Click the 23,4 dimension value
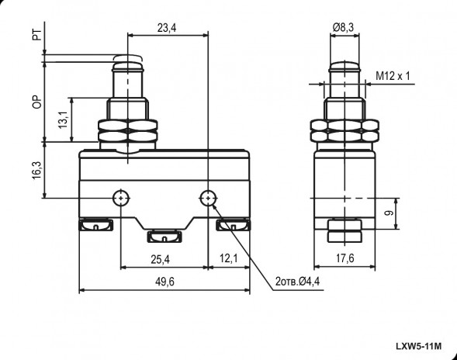tap(166, 28)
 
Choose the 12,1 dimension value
tap(228, 260)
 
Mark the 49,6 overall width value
tap(164, 282)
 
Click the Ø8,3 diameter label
tap(343, 28)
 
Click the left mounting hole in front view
tap(121, 198)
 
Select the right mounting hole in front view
tap(208, 198)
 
